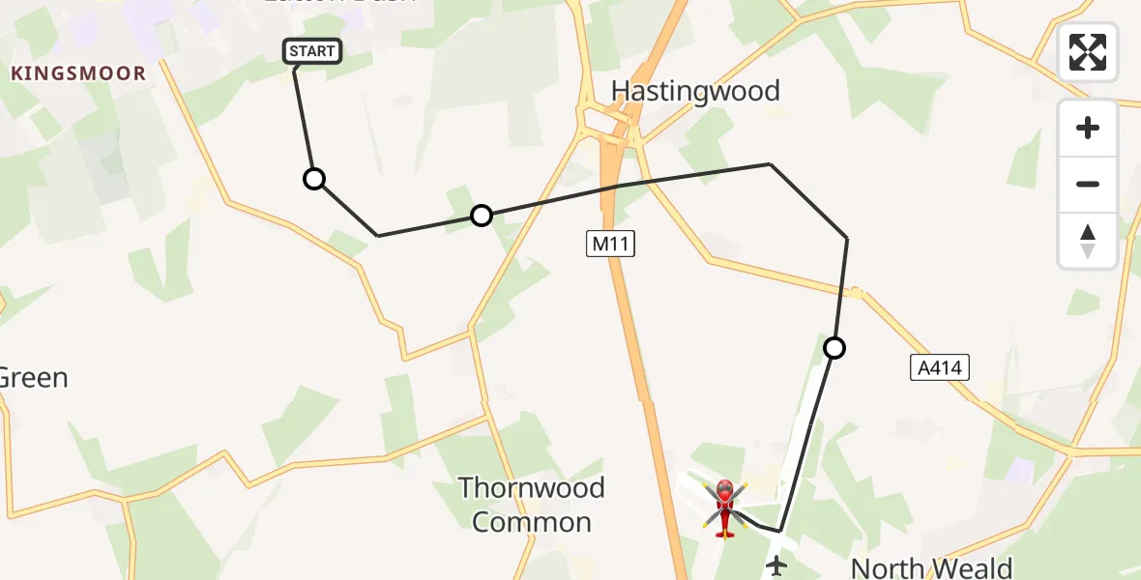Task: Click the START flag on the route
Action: point(311,51)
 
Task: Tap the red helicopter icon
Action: point(724,507)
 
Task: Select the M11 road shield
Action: point(611,245)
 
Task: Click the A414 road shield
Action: point(940,367)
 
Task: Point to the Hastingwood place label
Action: point(695,92)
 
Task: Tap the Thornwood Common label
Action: point(531,505)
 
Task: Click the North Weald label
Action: point(930,567)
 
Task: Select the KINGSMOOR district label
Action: point(78,73)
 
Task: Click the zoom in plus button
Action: point(1088,128)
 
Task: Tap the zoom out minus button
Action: point(1088,184)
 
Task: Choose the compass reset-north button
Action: point(1088,240)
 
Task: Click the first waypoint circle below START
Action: point(314,179)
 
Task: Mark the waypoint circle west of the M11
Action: point(481,216)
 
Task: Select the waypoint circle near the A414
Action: point(834,347)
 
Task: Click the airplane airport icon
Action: point(775,565)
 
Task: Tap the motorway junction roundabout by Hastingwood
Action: point(609,126)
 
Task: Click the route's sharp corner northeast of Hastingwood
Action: point(770,164)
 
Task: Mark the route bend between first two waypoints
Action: point(378,235)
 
